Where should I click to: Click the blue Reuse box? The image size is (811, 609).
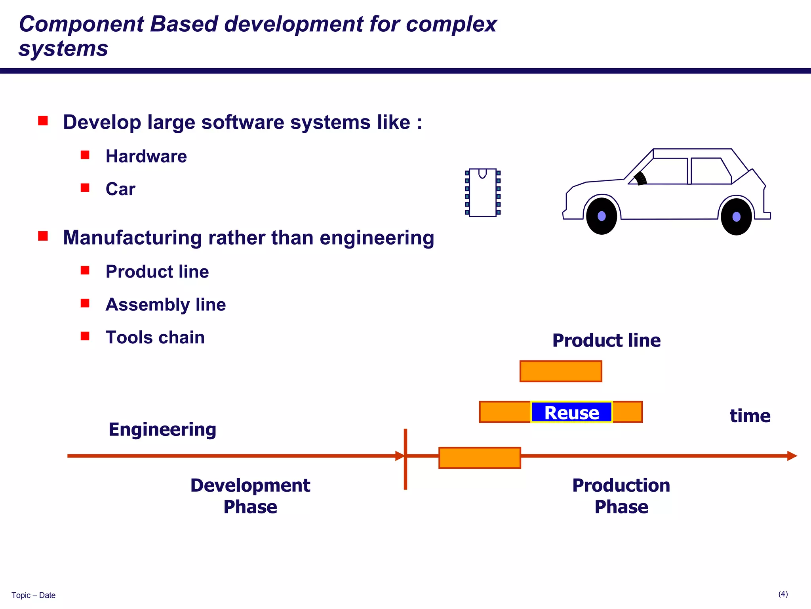tap(571, 412)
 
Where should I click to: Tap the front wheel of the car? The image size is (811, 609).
tap(602, 216)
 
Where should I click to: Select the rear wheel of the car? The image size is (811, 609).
tap(736, 216)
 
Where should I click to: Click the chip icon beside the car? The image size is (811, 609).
tap(483, 193)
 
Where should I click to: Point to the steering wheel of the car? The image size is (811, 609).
tap(640, 179)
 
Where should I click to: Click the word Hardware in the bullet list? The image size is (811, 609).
tap(146, 156)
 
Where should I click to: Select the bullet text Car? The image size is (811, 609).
tap(120, 189)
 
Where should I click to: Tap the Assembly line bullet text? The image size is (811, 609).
tap(166, 304)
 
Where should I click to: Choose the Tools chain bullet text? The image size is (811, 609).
tap(155, 337)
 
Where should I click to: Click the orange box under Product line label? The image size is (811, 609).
tap(561, 371)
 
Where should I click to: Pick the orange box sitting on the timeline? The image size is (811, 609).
tap(480, 458)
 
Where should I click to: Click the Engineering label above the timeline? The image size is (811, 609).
tap(162, 429)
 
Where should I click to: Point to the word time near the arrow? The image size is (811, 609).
tap(750, 416)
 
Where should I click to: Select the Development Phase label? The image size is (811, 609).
tap(250, 496)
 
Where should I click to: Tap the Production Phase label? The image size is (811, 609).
tap(621, 496)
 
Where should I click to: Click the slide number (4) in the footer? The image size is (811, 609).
tap(783, 594)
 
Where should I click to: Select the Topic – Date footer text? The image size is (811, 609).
tap(34, 595)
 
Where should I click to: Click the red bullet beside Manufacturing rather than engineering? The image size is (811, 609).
tap(43, 236)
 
